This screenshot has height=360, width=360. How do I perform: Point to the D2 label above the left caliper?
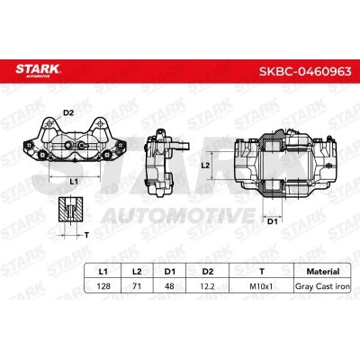(x=68, y=113)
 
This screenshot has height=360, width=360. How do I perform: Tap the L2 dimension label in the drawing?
(x=205, y=166)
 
